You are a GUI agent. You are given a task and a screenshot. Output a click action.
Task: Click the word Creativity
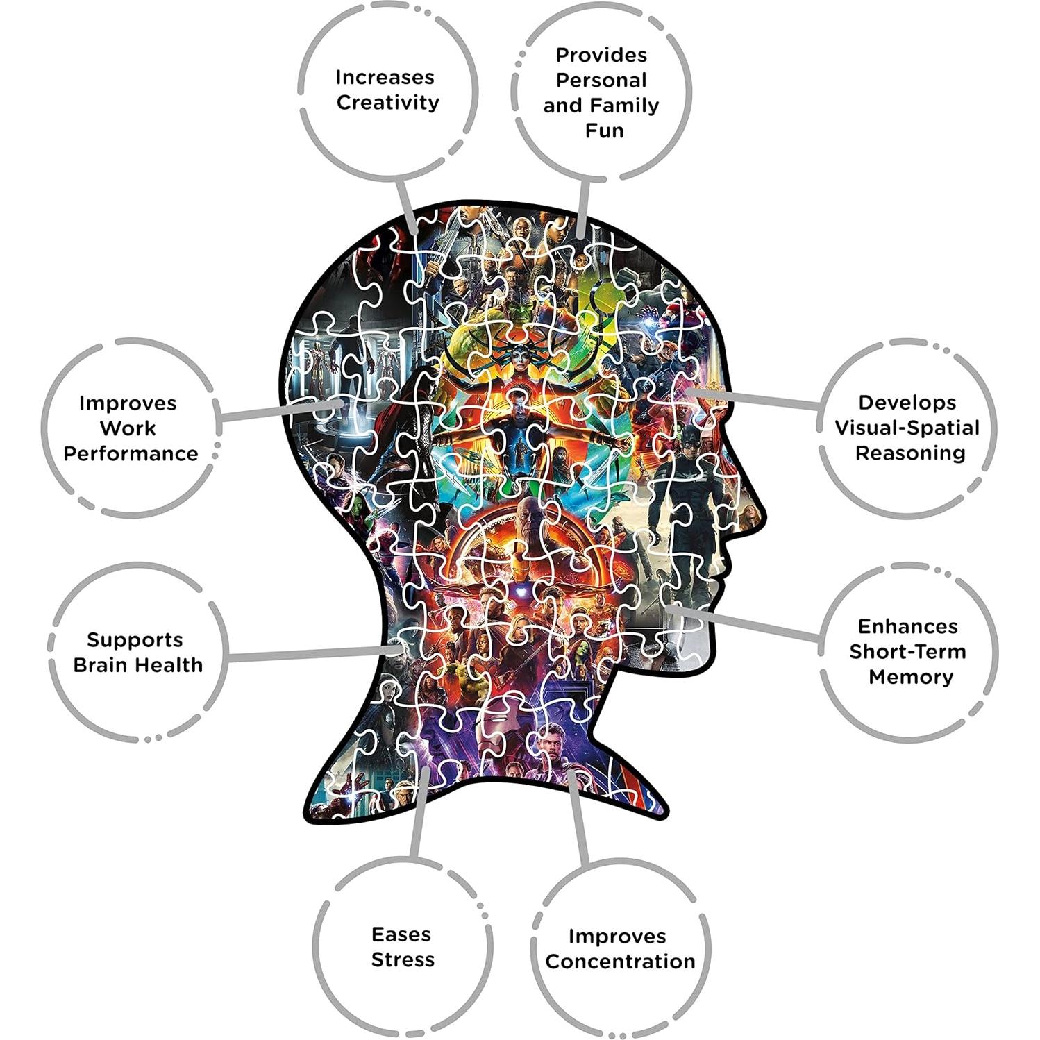click(387, 103)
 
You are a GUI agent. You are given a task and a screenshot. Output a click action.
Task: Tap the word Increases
click(385, 77)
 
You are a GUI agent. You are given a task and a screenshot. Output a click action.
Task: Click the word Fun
click(604, 131)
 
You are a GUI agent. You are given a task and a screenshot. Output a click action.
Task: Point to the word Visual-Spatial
click(907, 428)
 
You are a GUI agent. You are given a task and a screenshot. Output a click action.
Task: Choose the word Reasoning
click(910, 453)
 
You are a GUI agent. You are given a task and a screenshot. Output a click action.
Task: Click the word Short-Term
click(907, 652)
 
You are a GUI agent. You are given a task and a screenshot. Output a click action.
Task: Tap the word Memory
click(911, 677)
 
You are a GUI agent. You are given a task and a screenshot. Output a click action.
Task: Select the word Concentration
click(620, 962)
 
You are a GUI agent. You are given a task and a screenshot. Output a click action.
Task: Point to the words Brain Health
click(137, 665)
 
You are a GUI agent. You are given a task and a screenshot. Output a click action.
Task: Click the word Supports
click(135, 640)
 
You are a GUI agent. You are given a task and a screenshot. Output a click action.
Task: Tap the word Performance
click(131, 454)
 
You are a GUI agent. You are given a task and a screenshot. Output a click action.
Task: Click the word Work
click(128, 428)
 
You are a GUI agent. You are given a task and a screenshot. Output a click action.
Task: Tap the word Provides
click(601, 55)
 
